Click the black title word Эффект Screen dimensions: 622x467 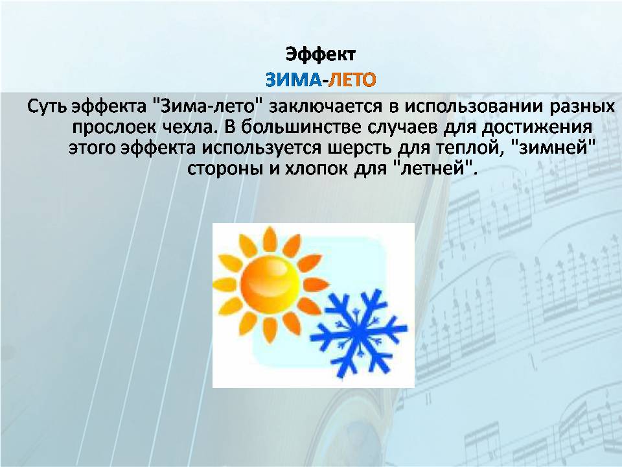pyautogui.click(x=321, y=54)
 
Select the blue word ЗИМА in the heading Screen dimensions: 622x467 pyautogui.click(x=293, y=80)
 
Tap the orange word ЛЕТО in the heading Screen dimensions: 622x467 pyautogui.click(x=352, y=80)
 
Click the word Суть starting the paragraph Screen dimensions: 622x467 pyautogui.click(x=47, y=106)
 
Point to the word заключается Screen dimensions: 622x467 pyautogui.click(x=326, y=106)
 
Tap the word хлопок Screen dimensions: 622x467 pyautogui.click(x=316, y=169)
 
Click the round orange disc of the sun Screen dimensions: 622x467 pyautogui.click(x=270, y=282)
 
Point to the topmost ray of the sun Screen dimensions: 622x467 pyautogui.click(x=270, y=239)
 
